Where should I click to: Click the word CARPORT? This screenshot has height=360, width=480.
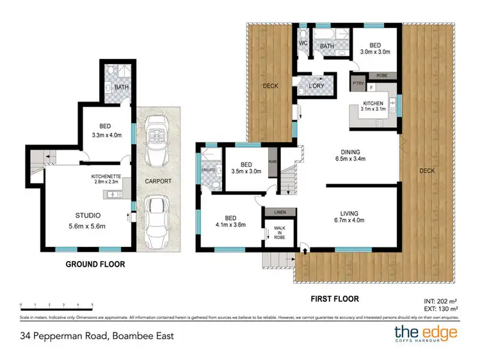157,181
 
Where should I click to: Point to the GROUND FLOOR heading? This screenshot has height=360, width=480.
95,264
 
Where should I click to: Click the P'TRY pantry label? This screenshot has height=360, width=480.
356,83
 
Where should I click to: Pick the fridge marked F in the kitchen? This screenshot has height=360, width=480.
371,86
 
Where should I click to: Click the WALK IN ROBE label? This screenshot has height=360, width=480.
280,231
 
